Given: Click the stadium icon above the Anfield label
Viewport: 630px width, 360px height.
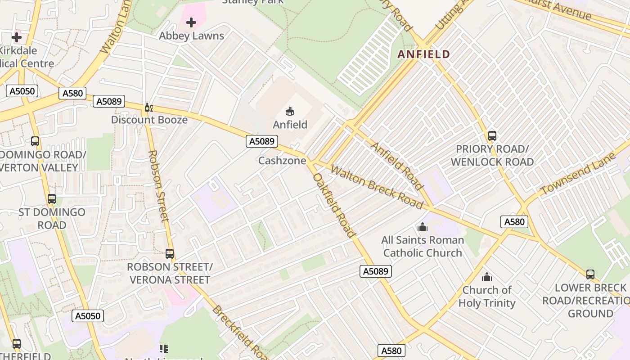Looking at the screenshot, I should point(290,111).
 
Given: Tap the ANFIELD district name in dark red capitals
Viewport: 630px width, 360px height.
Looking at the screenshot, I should point(423,54).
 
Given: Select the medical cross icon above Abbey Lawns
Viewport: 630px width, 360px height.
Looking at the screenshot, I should point(191,22).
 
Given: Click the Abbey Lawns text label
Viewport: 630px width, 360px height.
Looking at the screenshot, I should point(191,36).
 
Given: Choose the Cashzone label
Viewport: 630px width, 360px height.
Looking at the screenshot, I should point(282,161).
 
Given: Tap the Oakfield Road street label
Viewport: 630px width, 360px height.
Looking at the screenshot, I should point(334,205).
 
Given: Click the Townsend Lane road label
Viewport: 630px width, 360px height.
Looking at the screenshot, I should point(578,174).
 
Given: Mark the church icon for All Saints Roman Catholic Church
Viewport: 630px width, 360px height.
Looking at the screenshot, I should point(422,227).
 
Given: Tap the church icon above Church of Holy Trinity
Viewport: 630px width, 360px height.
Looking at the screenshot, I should point(486,277).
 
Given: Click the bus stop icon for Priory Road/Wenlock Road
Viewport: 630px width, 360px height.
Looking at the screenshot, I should point(492,135).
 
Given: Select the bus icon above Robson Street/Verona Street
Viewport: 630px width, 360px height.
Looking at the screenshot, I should point(169,254).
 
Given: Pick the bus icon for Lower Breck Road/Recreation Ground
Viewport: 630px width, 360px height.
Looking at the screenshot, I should point(590,274).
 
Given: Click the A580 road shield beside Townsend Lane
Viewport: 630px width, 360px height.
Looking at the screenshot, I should point(514,222).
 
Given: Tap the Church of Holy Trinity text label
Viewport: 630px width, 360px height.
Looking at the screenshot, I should point(486,297).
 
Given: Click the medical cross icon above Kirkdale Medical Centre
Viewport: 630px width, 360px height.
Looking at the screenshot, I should point(17,37).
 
